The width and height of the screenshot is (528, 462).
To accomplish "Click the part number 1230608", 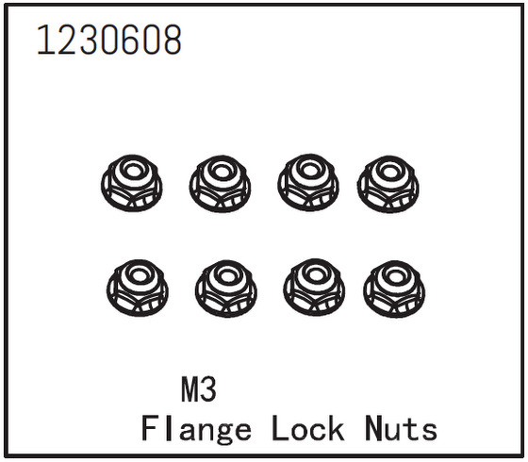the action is click(x=109, y=40).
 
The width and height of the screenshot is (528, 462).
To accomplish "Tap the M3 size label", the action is click(x=199, y=390).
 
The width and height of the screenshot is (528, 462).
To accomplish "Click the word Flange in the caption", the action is click(x=196, y=429).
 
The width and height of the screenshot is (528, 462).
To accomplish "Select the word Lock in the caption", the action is click(x=307, y=428).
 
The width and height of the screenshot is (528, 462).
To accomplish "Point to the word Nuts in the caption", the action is click(x=401, y=428).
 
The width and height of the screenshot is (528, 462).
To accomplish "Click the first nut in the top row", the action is click(x=132, y=183).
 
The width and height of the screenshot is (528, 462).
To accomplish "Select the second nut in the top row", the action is click(x=220, y=184).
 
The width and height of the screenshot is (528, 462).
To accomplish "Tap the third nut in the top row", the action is click(x=308, y=183).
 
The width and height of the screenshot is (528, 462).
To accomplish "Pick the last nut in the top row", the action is click(x=388, y=184).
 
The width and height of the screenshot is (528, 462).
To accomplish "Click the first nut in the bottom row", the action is click(x=138, y=288).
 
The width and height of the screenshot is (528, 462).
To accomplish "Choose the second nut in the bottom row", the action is click(x=226, y=289).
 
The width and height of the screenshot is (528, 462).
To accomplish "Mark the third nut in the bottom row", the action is click(x=314, y=288).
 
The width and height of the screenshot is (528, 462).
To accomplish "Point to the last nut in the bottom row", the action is click(x=394, y=289).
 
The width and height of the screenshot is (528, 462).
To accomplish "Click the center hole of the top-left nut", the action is click(x=133, y=171).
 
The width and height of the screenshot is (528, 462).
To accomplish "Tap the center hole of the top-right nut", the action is click(x=389, y=172).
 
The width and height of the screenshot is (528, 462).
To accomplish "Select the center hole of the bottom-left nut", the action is click(x=139, y=275).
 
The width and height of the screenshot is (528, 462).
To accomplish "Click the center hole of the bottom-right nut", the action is click(x=395, y=277).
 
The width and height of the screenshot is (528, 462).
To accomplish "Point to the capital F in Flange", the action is click(x=150, y=428).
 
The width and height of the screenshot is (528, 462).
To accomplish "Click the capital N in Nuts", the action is click(x=374, y=428).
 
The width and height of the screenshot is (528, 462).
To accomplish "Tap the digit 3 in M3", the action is click(x=208, y=390).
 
